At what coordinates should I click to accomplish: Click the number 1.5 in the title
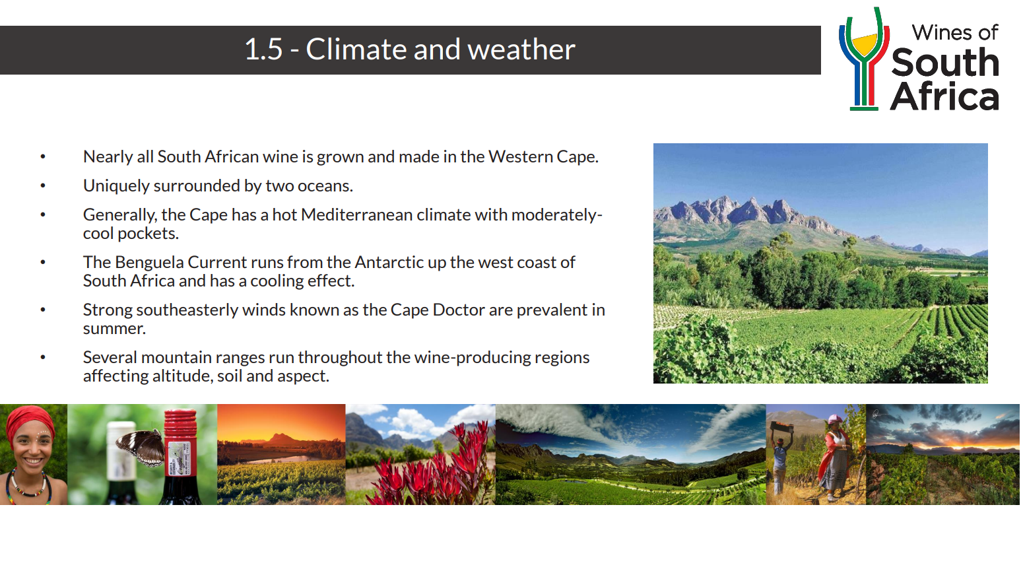pos(263,50)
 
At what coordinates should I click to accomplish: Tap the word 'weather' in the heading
pos(521,50)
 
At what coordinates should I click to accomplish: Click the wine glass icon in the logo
pos(864,59)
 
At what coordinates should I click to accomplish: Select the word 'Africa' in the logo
pos(944,96)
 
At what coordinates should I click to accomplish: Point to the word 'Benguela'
pos(149,263)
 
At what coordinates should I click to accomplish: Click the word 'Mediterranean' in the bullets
pos(356,215)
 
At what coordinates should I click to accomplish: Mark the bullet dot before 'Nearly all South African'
pos(43,156)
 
